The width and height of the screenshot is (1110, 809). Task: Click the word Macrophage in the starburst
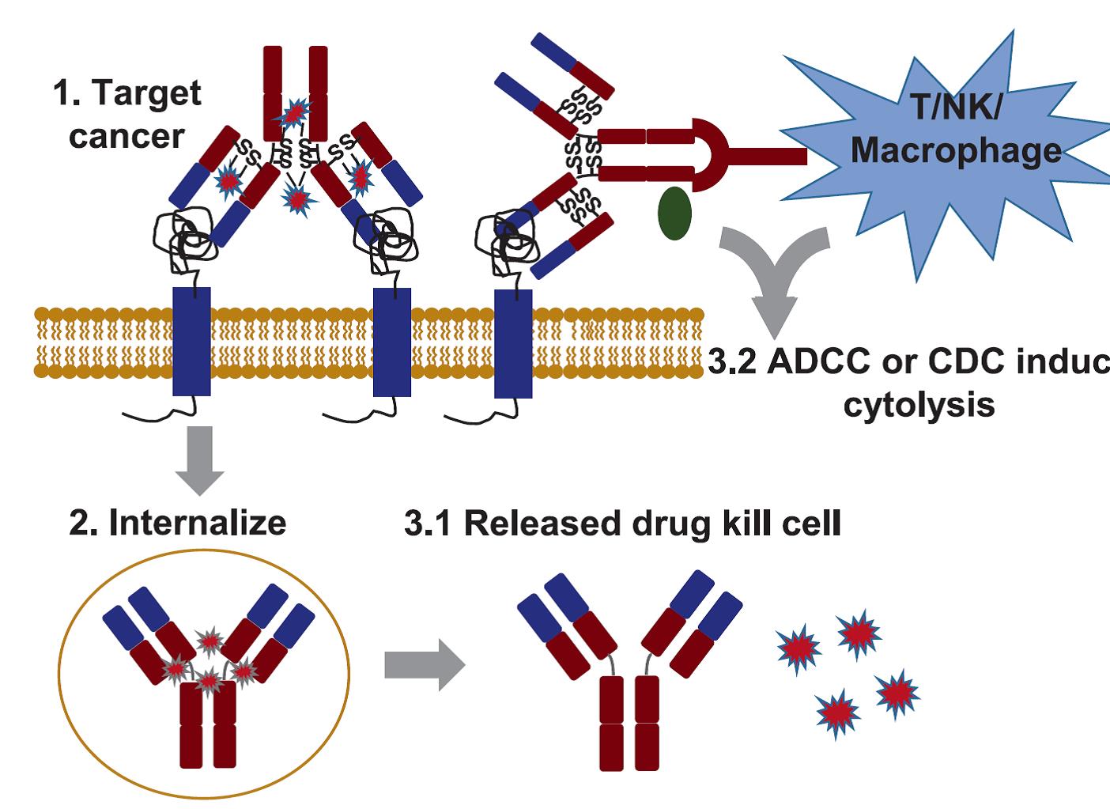click(956, 149)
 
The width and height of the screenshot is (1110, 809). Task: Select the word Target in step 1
click(147, 94)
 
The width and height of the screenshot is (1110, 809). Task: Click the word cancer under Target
click(126, 136)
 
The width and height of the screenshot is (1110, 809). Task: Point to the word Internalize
click(197, 523)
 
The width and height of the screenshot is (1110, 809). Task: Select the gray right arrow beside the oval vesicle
click(424, 664)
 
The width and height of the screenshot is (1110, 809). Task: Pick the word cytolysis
click(919, 405)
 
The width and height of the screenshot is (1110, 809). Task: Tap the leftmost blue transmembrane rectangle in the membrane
click(191, 341)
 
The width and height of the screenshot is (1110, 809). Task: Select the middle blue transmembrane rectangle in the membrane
click(392, 341)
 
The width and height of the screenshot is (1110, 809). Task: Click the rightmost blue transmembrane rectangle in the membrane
click(513, 342)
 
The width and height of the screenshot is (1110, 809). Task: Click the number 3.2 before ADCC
click(731, 362)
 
